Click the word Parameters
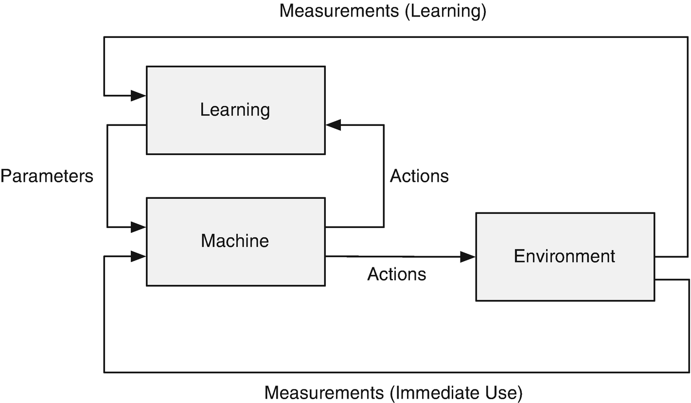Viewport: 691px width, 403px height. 47,176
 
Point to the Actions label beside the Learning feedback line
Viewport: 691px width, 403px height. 419,176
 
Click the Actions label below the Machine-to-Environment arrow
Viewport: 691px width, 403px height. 396,274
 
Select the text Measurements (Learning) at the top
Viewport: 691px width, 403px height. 383,11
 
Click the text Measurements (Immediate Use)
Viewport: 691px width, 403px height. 393,392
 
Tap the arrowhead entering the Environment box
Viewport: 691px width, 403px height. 468,257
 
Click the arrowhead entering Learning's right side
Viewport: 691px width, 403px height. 333,125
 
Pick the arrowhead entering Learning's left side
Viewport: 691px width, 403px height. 139,96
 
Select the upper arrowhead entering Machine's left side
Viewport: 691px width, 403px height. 139,227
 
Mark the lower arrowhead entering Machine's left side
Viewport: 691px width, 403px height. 139,256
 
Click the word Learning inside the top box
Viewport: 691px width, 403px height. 235,110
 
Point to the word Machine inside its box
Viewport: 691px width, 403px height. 235,241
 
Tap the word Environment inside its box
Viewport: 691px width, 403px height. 565,256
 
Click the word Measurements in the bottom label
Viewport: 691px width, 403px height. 327,392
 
